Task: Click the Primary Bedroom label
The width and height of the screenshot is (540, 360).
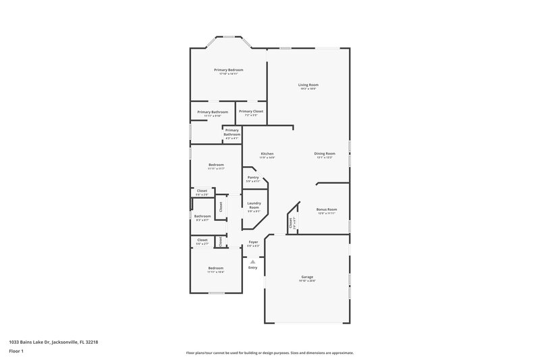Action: [228, 70]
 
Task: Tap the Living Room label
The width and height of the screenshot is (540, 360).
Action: [308, 84]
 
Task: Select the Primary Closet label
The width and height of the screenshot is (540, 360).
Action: [250, 111]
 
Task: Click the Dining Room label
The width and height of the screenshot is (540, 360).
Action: [325, 153]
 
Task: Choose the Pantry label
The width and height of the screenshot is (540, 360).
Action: [253, 178]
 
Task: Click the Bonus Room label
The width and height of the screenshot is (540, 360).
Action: [327, 209]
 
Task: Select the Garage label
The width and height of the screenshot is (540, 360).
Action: [308, 277]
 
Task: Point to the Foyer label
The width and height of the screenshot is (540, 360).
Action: [253, 242]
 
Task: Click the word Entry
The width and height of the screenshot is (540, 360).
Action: [253, 268]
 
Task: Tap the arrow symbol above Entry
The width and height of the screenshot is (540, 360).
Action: [253, 261]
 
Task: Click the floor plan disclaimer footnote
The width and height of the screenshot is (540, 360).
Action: [270, 353]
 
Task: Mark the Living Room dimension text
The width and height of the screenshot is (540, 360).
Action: [308, 88]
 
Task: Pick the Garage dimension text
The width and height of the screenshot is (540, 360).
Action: [308, 281]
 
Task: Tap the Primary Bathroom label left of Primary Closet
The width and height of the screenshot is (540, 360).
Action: [212, 112]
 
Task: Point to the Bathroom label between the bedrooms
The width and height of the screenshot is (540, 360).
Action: [202, 216]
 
